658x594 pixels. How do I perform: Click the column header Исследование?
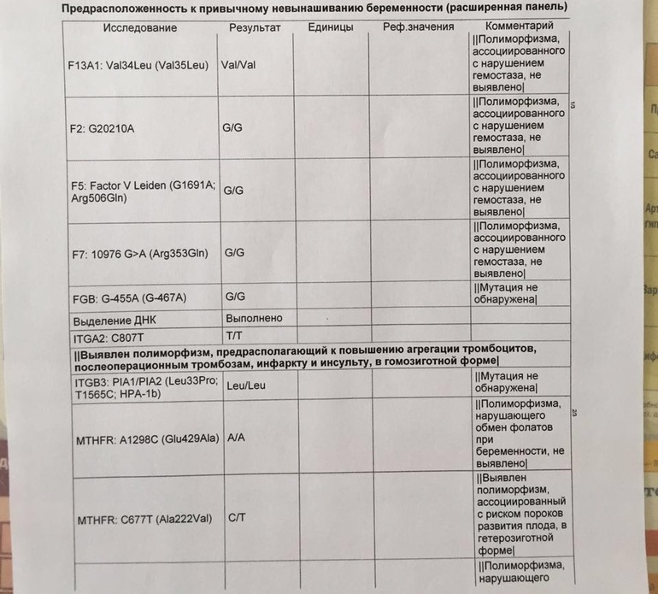[x=140, y=27]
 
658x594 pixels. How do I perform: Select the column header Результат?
[x=255, y=27]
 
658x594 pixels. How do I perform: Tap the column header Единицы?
[x=330, y=27]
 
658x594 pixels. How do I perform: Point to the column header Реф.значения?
[x=418, y=27]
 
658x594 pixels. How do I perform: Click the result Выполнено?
[x=253, y=318]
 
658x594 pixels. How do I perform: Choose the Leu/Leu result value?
[x=245, y=385]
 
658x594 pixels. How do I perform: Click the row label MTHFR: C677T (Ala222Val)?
[x=144, y=519]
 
